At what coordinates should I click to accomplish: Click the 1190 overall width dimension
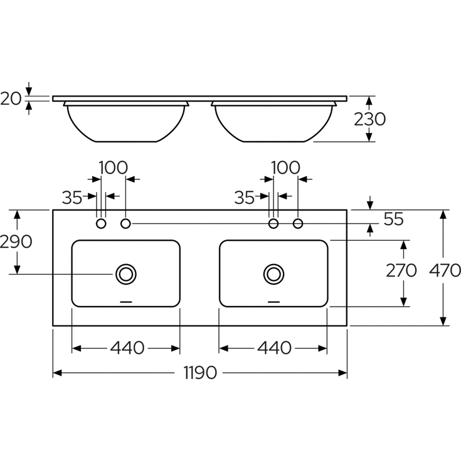[200, 373]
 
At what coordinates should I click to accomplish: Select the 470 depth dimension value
[445, 270]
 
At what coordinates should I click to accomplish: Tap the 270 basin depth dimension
[401, 270]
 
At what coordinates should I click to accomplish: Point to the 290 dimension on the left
[16, 242]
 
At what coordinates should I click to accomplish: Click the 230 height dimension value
[369, 119]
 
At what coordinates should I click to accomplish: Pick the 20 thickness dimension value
[11, 98]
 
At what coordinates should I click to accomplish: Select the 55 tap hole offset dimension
[393, 219]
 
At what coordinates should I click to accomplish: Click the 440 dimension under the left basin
[127, 348]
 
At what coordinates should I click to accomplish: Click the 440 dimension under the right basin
[274, 348]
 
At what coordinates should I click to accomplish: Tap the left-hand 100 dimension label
[113, 168]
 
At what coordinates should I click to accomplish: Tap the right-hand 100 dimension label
[285, 168]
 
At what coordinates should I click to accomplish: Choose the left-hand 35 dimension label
[72, 198]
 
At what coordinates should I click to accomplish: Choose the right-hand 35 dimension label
[245, 198]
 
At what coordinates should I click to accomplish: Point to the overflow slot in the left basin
[127, 302]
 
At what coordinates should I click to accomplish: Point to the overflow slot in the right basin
[273, 302]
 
